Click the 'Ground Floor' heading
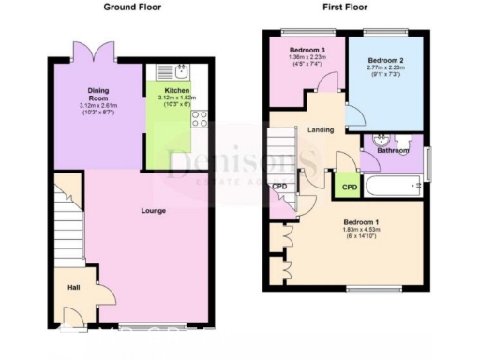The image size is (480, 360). [x=131, y=7]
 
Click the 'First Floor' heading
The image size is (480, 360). [x=346, y=7]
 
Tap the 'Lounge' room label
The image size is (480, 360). [x=155, y=211]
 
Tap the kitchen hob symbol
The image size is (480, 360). [x=199, y=118]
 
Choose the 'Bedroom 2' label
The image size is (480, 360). [x=386, y=57]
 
